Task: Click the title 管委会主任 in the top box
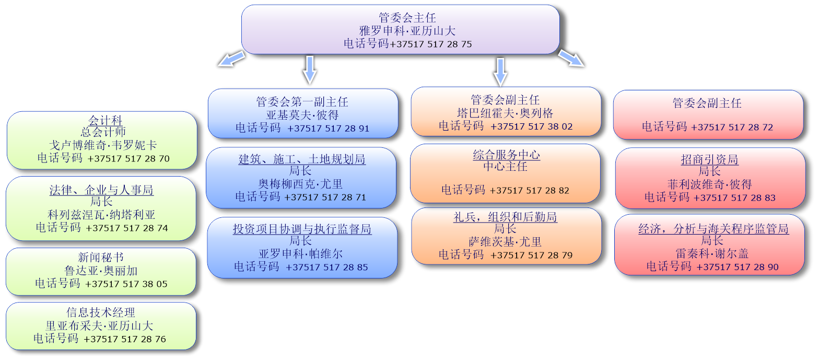(x=407, y=18)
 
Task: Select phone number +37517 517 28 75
(x=431, y=44)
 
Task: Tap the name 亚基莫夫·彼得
(x=302, y=115)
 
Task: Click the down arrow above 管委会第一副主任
(x=310, y=70)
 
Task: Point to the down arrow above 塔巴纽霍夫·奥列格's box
(x=500, y=72)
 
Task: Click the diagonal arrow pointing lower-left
(x=232, y=59)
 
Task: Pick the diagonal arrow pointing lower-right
(x=571, y=59)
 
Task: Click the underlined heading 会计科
(x=106, y=120)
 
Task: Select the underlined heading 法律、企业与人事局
(x=101, y=190)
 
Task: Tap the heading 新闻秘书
(x=100, y=257)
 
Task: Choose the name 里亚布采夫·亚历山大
(x=99, y=326)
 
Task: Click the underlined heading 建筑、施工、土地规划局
(x=302, y=159)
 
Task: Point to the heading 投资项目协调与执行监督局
(x=302, y=229)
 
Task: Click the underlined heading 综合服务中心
(x=506, y=155)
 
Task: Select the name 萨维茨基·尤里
(x=505, y=242)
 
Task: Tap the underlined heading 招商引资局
(x=709, y=159)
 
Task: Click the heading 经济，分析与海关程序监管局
(x=713, y=229)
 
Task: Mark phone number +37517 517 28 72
(x=732, y=127)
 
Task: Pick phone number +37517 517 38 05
(x=126, y=284)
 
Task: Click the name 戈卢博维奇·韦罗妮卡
(x=103, y=145)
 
